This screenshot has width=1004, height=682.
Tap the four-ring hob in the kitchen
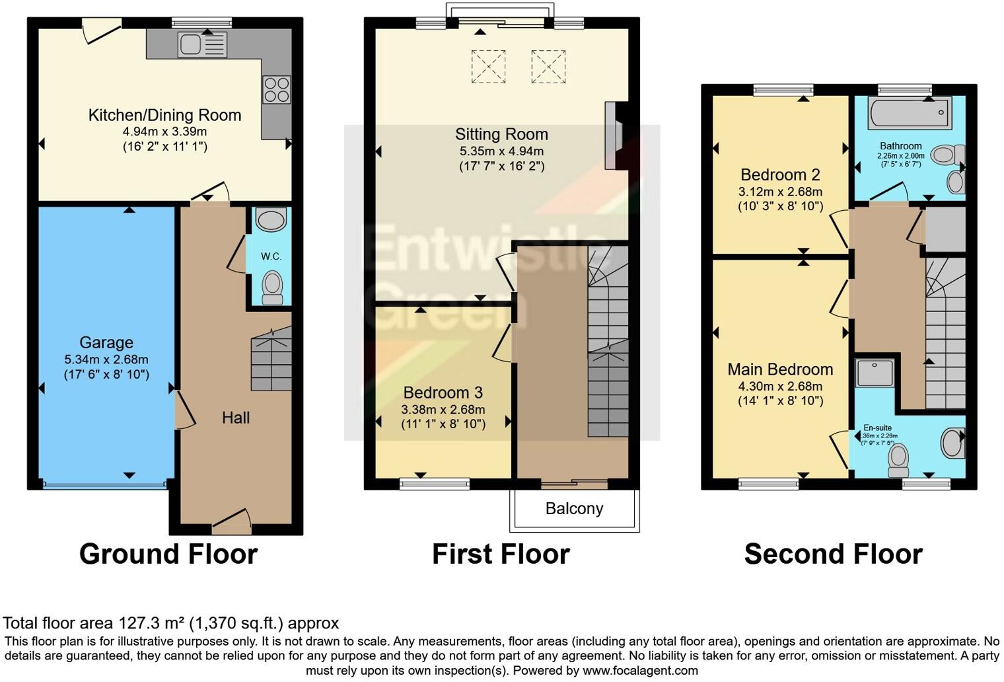[x=276, y=90]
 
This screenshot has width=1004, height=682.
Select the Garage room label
[x=106, y=342]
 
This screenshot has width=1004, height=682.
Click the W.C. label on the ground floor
[x=271, y=256]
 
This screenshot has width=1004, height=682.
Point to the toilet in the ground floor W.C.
[x=272, y=289]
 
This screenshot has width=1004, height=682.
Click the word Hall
[x=236, y=418]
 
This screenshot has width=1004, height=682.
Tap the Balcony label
[x=574, y=508]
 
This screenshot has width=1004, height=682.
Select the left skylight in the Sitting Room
[x=488, y=66]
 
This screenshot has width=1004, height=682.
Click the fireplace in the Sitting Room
[x=614, y=136]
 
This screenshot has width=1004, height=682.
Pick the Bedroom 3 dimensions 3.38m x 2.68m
[x=443, y=410]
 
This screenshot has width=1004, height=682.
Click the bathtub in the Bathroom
[x=910, y=113]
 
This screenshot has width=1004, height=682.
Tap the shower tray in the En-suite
[x=875, y=373]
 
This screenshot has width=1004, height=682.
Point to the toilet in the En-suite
[x=898, y=459]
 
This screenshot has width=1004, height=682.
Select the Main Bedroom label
[x=780, y=369]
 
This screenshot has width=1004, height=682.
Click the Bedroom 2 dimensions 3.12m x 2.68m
[x=780, y=192]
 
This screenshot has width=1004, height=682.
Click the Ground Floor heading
[x=168, y=554]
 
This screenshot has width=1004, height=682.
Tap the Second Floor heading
[x=833, y=554]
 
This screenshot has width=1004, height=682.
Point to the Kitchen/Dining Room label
[x=165, y=115]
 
